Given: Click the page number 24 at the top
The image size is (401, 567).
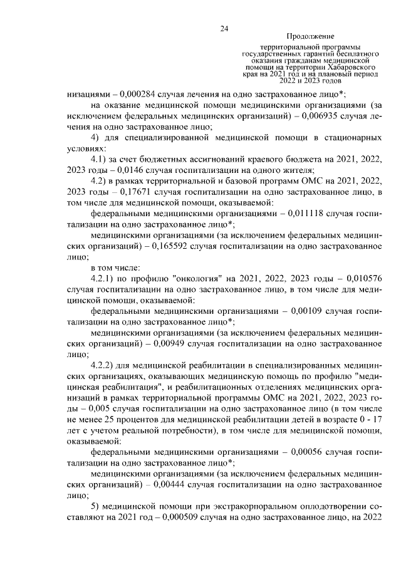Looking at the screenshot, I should [224, 28].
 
